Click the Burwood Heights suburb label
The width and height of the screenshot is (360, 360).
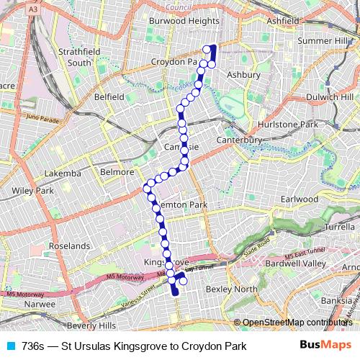coord(184,21)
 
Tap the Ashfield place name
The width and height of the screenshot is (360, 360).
coord(282,21)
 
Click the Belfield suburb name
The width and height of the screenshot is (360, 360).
coord(109,96)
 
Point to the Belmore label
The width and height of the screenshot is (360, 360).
coord(117,172)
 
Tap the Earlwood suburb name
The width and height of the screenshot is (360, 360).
coord(300,199)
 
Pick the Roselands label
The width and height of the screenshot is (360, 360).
coord(69,246)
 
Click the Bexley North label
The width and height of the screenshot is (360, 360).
coord(231,289)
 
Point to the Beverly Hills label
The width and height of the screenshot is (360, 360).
coord(82,325)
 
